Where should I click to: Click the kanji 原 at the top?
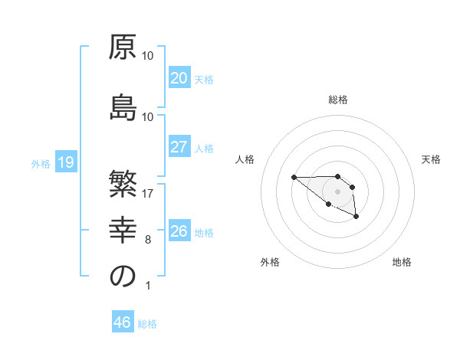pos(123,47)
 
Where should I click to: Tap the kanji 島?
pos(123,107)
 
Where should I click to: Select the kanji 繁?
pos(123,185)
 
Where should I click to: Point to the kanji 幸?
pos(123,231)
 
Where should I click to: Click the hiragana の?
pos(123,277)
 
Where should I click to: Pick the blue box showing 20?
pos(179,78)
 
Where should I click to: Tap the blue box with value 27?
pos(179,147)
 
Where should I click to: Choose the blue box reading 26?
pos(179,231)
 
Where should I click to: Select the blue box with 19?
pos(65,162)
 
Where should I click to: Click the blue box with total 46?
pos(123,322)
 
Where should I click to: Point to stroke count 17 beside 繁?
pos(148,194)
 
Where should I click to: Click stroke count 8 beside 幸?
pos(148,240)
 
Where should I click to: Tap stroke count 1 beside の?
pos(148,286)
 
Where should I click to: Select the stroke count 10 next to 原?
pos(148,56)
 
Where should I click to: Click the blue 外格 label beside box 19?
pos(41,163)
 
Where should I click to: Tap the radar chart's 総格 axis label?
pos(338,100)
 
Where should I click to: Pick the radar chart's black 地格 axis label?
pos(402,262)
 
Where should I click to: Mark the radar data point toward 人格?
pos(294,178)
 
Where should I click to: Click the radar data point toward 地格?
pos(356,218)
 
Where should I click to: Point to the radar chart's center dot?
pos(337,191)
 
